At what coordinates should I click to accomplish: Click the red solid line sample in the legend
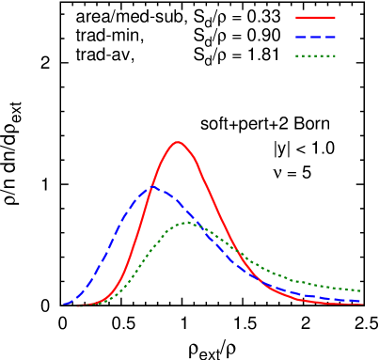pyautogui.click(x=315, y=17)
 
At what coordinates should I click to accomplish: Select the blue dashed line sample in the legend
pyautogui.click(x=315, y=37)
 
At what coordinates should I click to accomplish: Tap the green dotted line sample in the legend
pyautogui.click(x=315, y=56)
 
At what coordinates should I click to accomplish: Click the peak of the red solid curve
pyautogui.click(x=178, y=142)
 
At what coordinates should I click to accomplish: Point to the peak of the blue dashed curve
pyautogui.click(x=151, y=187)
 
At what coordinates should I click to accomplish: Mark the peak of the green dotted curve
pyautogui.click(x=187, y=223)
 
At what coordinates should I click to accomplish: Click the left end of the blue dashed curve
pyautogui.click(x=64, y=304)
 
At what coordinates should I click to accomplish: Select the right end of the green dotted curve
pyautogui.click(x=363, y=290)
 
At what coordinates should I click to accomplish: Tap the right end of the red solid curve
pyautogui.click(x=363, y=304)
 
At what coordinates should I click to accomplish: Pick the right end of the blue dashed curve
pyautogui.click(x=363, y=301)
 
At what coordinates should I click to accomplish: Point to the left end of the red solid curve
pyautogui.click(x=77, y=305)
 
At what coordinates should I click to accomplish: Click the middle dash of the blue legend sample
pyautogui.click(x=316, y=37)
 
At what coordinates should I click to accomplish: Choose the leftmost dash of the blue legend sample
pyautogui.click(x=301, y=37)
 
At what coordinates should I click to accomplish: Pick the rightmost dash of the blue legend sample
pyautogui.click(x=331, y=37)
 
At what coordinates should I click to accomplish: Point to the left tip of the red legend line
pyautogui.click(x=296, y=17)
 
